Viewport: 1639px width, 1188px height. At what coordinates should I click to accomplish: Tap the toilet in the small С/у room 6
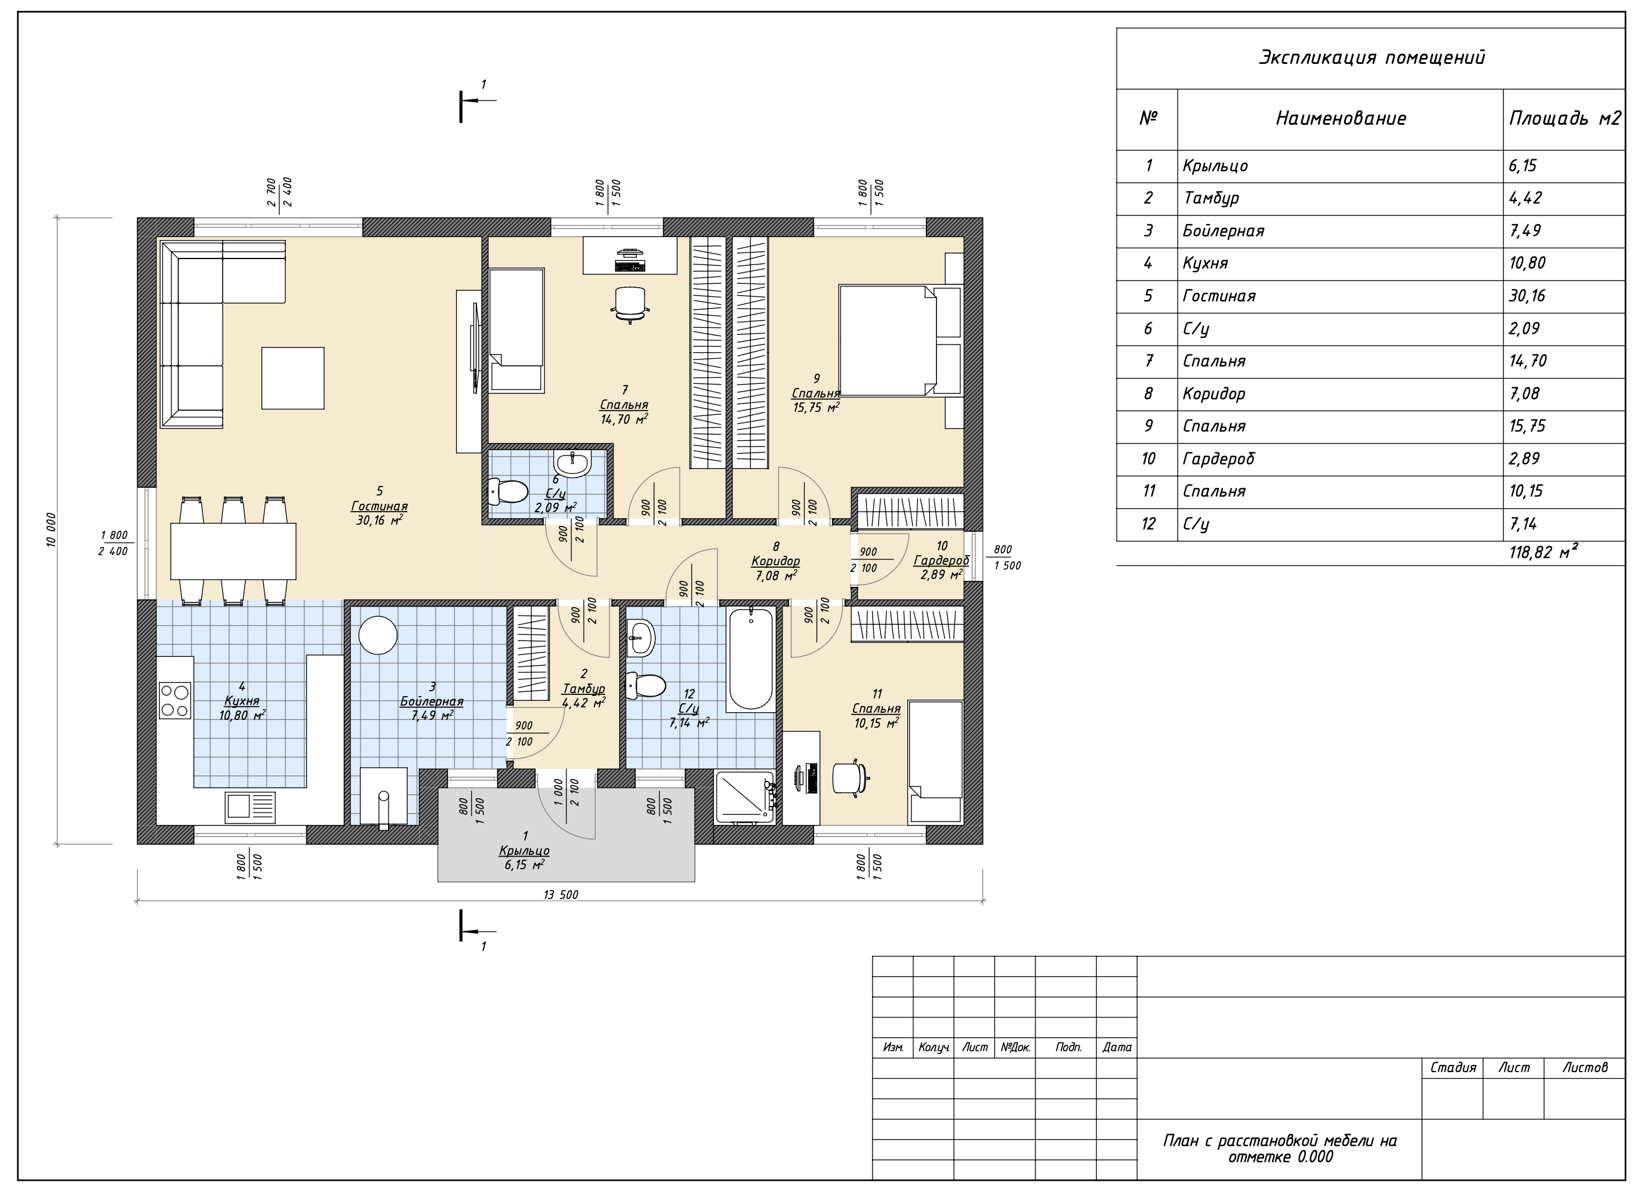click(508, 492)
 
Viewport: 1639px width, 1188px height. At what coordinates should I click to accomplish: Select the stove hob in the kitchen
click(175, 700)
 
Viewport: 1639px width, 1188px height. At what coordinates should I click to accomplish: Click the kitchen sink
click(250, 806)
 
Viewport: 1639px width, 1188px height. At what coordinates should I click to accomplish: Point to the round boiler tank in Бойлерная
click(378, 635)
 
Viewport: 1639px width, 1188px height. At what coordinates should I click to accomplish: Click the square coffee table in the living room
click(292, 378)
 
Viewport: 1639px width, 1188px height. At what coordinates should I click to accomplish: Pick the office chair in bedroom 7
click(630, 303)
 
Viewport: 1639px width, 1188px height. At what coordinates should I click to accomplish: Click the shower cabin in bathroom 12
click(744, 797)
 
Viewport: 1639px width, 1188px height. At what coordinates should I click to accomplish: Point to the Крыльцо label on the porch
click(525, 851)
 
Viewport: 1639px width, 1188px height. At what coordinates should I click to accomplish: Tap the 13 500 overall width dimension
click(561, 895)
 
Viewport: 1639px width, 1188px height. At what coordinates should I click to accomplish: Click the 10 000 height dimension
click(51, 530)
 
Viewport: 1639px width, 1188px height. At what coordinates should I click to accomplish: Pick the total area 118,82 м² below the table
click(1543, 553)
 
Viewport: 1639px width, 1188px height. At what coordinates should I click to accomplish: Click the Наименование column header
click(1341, 119)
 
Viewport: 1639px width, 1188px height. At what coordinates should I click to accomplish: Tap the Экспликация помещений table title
click(1372, 58)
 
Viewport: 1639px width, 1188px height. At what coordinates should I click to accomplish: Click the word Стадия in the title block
click(1453, 1067)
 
